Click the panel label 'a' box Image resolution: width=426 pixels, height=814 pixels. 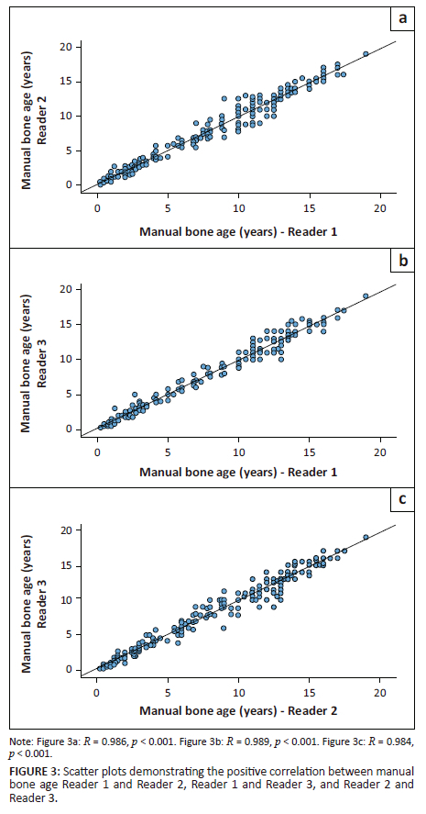pos(400,17)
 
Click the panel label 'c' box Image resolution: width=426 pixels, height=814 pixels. pos(400,501)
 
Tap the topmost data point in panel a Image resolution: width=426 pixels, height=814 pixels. pos(366,54)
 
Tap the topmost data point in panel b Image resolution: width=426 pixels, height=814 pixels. pos(366,296)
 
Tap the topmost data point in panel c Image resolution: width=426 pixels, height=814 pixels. pos(366,538)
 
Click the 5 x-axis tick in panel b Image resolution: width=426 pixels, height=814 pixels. pos(168,452)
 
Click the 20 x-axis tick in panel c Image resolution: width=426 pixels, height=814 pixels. pos(379,693)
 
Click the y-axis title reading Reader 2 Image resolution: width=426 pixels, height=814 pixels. pos(35,115)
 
